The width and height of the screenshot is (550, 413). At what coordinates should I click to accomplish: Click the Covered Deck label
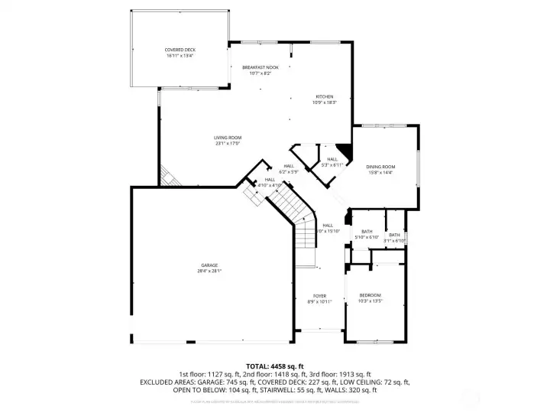click(180, 50)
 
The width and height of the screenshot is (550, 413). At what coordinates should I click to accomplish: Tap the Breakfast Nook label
click(260, 68)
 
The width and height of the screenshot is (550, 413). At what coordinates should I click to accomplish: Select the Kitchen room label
click(324, 96)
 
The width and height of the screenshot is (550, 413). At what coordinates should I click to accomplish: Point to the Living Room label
click(228, 137)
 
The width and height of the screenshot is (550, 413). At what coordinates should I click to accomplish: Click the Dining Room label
click(380, 166)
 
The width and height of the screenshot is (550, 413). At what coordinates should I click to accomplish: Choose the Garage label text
click(210, 265)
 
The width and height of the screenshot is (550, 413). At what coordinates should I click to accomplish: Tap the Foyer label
click(319, 295)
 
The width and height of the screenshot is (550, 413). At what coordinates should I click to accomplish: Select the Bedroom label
click(370, 295)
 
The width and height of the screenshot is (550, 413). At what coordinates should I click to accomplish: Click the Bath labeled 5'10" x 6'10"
click(367, 231)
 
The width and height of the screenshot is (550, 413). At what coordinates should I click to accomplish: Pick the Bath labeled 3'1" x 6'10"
click(394, 235)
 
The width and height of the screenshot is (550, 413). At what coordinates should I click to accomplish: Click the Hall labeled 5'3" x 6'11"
click(332, 158)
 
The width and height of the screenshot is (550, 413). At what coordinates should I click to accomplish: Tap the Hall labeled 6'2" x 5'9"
click(289, 166)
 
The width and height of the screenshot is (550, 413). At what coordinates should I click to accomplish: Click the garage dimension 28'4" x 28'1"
click(210, 270)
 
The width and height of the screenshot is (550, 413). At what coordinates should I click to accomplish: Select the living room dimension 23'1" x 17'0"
click(228, 143)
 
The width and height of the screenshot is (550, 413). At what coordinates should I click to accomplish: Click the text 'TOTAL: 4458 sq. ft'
click(274, 366)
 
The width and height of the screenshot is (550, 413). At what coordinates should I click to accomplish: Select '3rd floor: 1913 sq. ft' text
click(338, 374)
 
